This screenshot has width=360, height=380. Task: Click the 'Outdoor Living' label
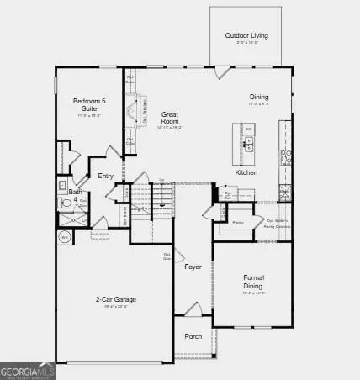coord(246,35)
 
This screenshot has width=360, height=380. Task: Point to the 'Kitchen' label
coord(246,172)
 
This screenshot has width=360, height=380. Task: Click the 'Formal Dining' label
coord(254,281)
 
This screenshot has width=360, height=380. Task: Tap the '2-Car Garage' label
coord(115,299)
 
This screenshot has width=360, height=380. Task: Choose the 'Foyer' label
coord(193,267)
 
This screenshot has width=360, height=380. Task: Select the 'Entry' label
coord(105,176)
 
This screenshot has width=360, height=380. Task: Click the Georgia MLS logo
coord(28,370)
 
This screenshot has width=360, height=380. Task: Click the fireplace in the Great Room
coord(131,110)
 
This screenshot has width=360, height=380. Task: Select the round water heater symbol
coord(64,238)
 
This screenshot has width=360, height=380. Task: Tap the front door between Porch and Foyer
coord(193,314)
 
